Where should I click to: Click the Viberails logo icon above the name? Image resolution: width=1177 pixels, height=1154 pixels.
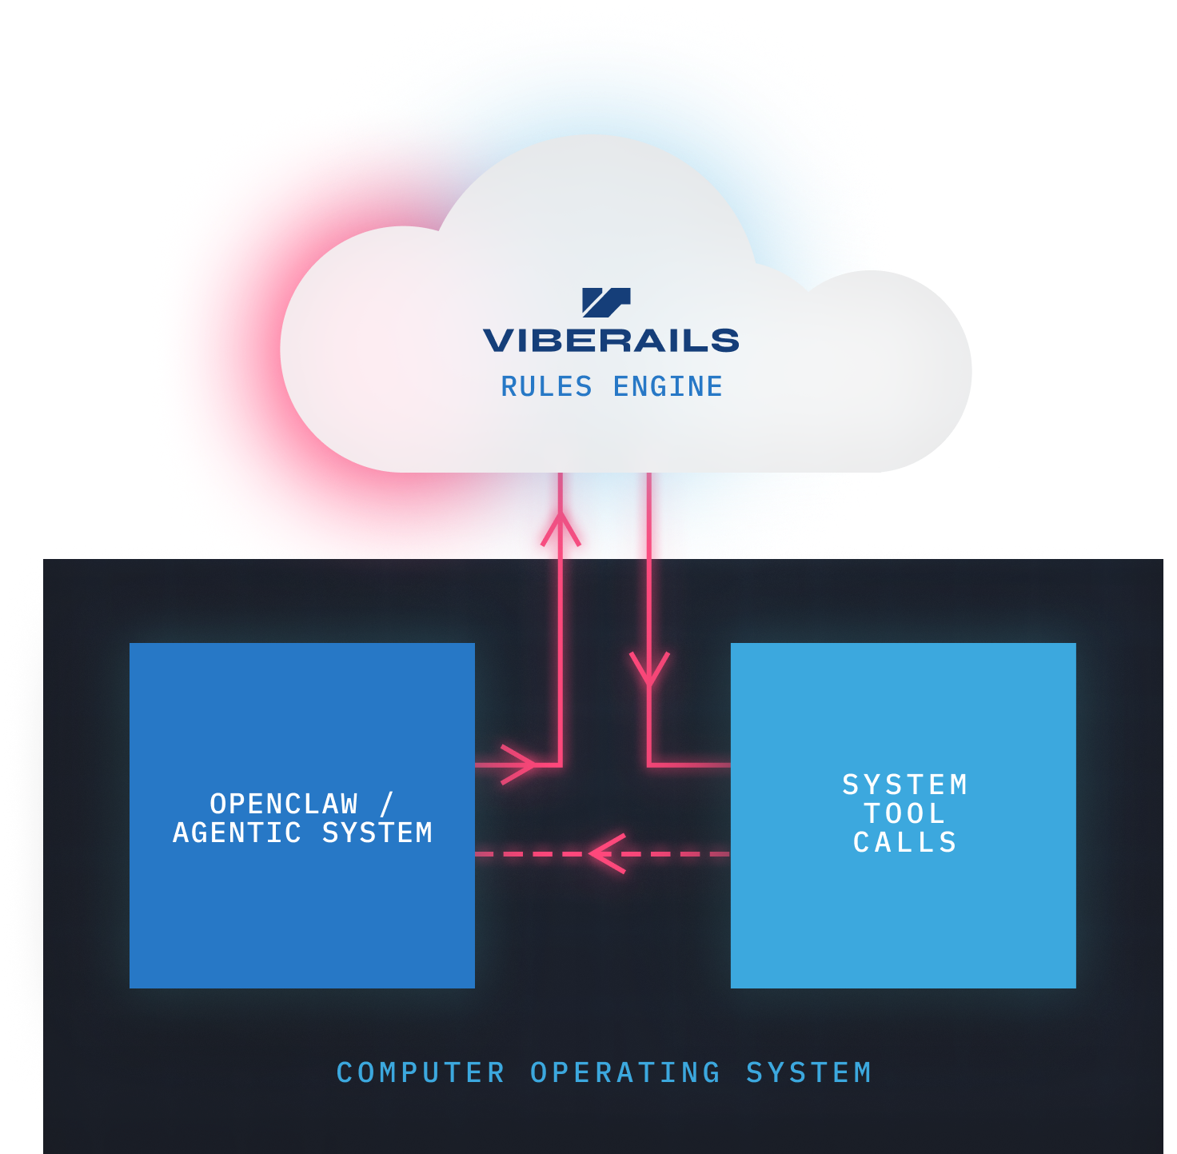tap(606, 302)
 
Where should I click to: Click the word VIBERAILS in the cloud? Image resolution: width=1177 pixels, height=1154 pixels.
tap(611, 341)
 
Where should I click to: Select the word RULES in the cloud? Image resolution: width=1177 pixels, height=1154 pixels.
tap(546, 387)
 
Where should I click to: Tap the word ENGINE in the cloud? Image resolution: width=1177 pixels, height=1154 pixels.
tap(668, 387)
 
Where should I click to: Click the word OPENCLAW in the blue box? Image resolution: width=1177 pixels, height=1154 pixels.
tap(284, 804)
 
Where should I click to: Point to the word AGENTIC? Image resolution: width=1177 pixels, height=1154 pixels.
tap(237, 833)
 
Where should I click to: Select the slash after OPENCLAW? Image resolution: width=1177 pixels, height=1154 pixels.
tap(387, 804)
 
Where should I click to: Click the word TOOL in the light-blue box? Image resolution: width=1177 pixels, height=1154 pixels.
tap(905, 814)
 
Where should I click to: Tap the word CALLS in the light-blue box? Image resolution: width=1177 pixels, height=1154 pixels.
tap(905, 843)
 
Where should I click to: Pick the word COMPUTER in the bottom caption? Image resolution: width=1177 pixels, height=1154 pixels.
tap(421, 1073)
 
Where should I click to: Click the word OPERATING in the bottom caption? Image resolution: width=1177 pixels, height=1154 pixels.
tap(625, 1073)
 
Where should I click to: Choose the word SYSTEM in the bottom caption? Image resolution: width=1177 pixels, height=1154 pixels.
tap(808, 1073)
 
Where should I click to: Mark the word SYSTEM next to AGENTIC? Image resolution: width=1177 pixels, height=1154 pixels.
tap(377, 833)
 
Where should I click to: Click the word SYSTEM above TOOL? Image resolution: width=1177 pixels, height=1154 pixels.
tap(905, 785)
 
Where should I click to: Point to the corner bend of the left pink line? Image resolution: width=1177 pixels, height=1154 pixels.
tap(561, 765)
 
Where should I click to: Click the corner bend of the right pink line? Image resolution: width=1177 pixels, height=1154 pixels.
tap(649, 765)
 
